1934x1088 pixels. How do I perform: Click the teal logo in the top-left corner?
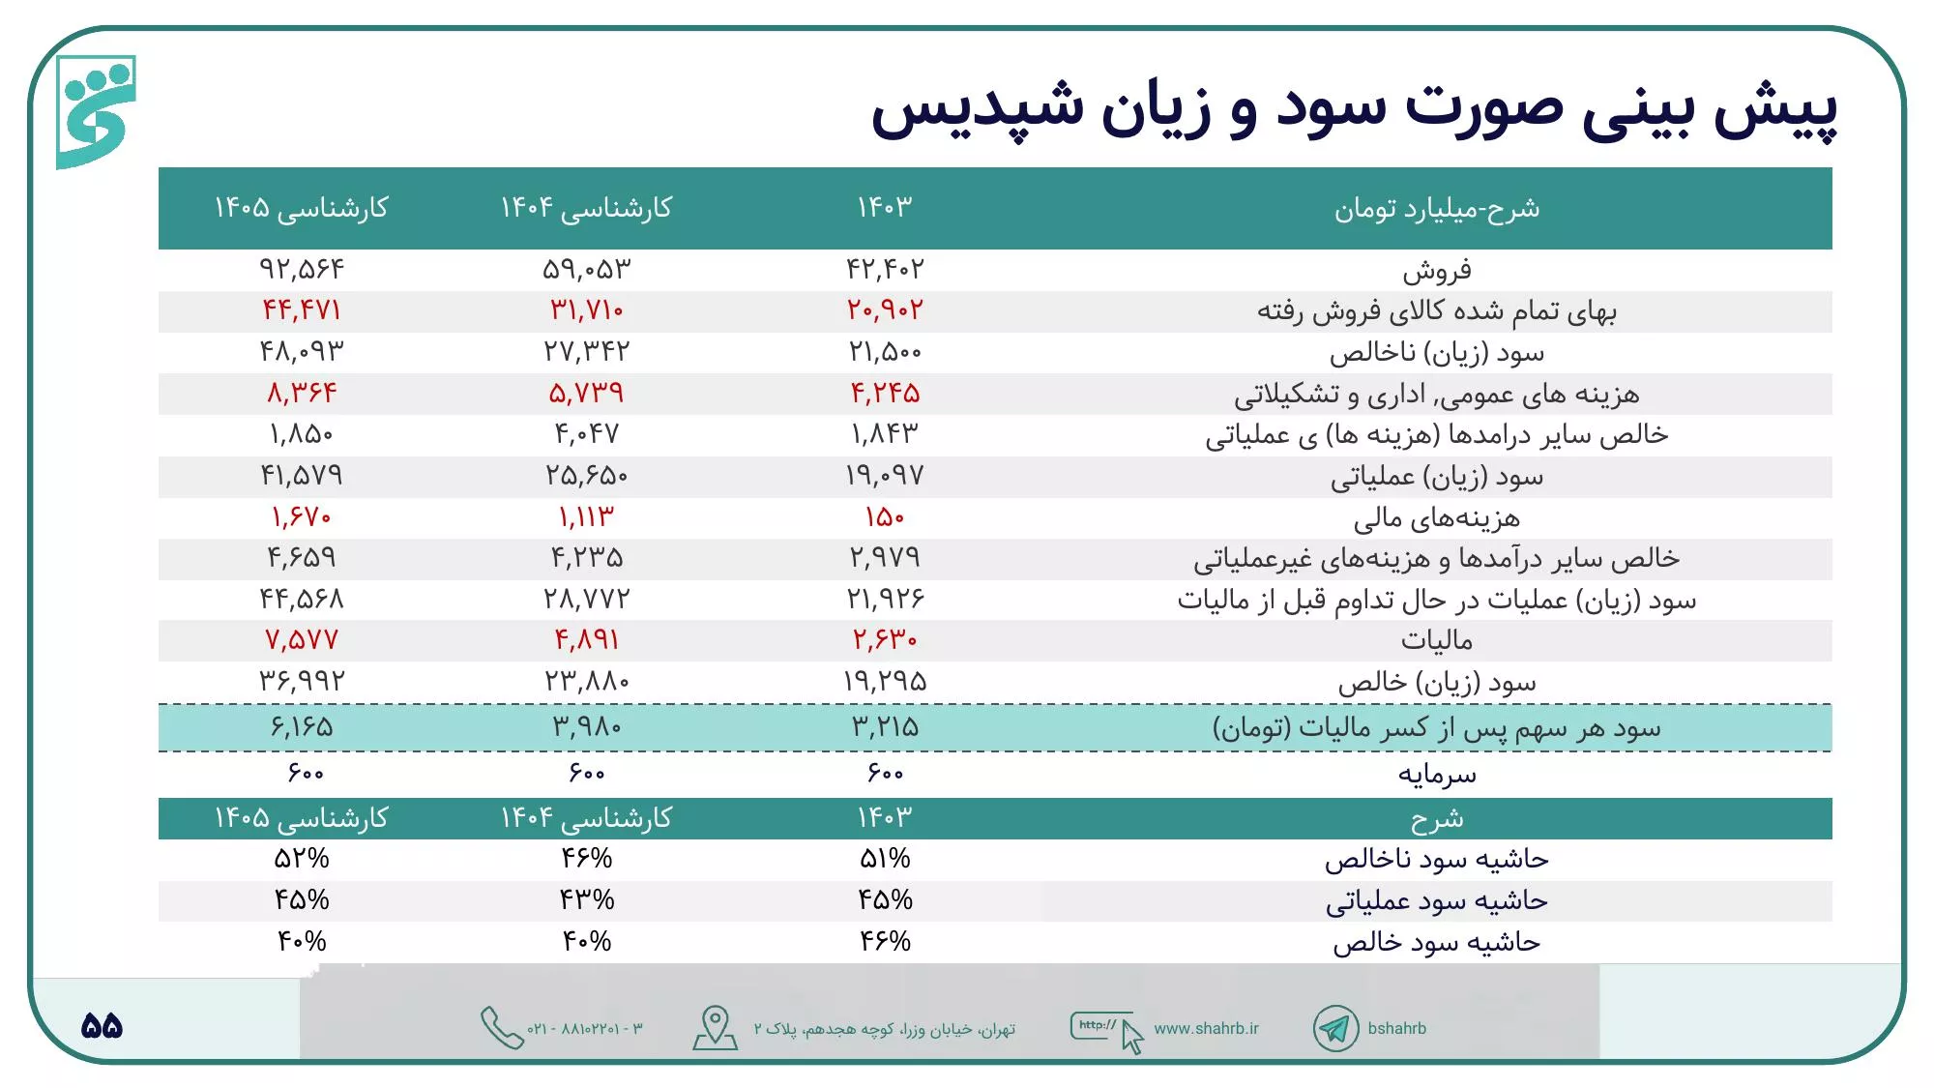coord(96,111)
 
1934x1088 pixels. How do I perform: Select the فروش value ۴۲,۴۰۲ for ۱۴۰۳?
coord(885,269)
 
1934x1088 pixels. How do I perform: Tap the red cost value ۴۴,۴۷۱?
coord(301,310)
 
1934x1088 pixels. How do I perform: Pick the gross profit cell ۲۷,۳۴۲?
coord(586,352)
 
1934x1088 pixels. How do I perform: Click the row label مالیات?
coord(1436,640)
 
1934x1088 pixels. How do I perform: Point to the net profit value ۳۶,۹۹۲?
coord(301,682)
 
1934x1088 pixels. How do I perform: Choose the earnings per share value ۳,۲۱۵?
coord(885,727)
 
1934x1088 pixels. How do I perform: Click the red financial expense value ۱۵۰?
coord(885,517)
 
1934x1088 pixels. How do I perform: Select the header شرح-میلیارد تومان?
coord(1436,209)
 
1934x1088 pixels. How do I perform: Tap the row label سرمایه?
coord(1436,774)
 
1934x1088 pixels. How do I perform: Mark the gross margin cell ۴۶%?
coord(586,859)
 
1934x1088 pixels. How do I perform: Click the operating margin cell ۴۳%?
coord(586,900)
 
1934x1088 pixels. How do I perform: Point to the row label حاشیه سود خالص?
coord(1436,942)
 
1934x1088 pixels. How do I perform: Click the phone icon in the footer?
coord(501,1028)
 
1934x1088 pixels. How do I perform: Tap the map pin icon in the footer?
coord(716,1027)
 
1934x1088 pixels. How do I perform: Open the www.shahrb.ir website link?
coord(1206,1029)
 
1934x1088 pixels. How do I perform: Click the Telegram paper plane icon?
coord(1335,1029)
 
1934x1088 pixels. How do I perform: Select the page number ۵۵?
coord(102,1026)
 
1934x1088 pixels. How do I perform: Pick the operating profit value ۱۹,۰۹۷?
coord(885,476)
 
